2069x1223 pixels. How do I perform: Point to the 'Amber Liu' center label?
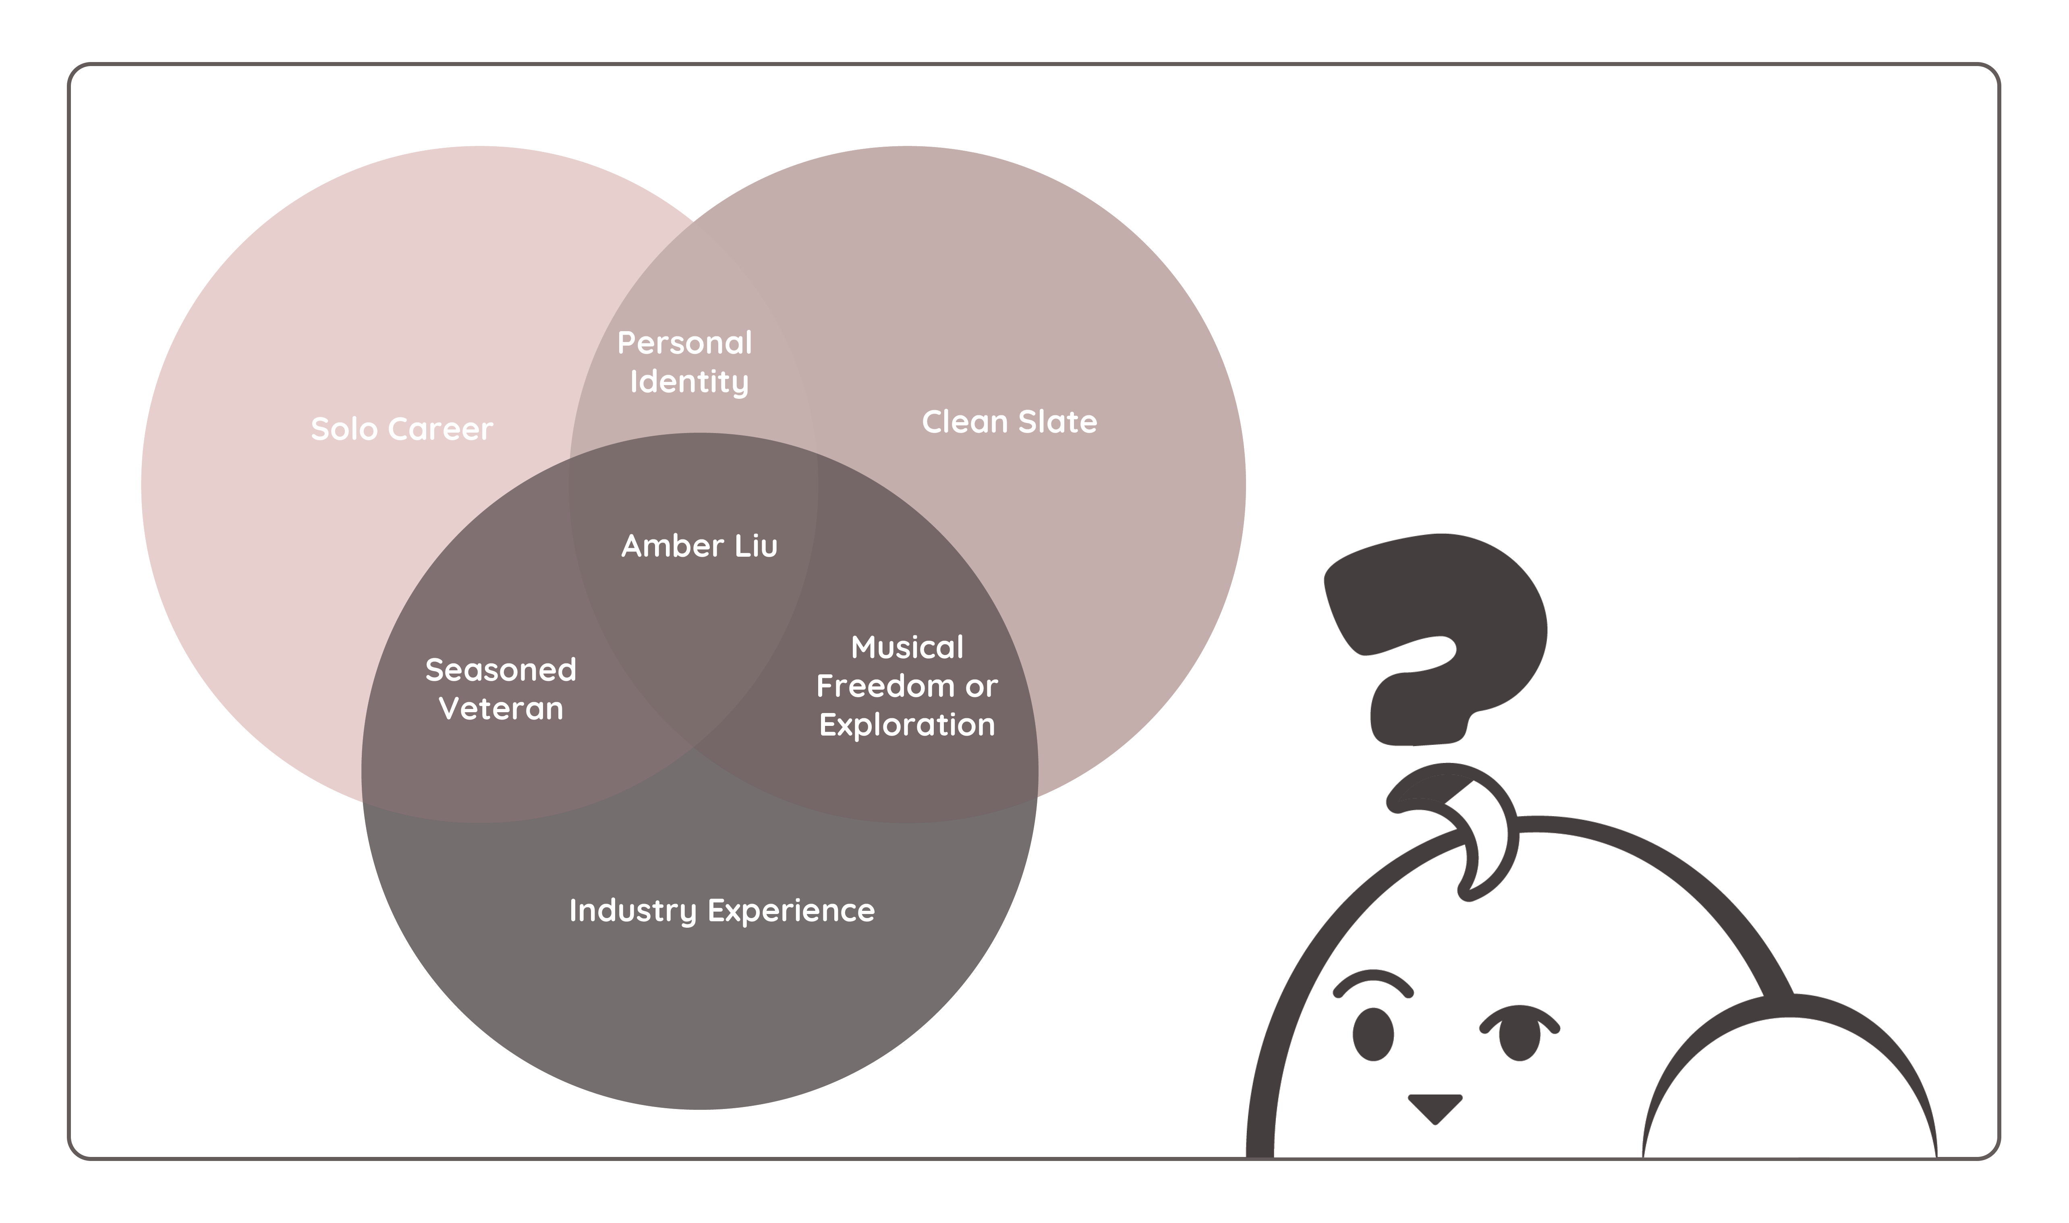click(699, 545)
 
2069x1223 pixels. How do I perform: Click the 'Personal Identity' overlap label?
click(685, 362)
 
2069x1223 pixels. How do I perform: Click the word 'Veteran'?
click(501, 709)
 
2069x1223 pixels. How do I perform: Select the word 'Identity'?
click(689, 381)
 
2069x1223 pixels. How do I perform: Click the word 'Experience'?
click(791, 911)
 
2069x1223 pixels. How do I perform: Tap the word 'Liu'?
click(757, 545)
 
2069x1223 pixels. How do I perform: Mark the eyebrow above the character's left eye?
click(1373, 983)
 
